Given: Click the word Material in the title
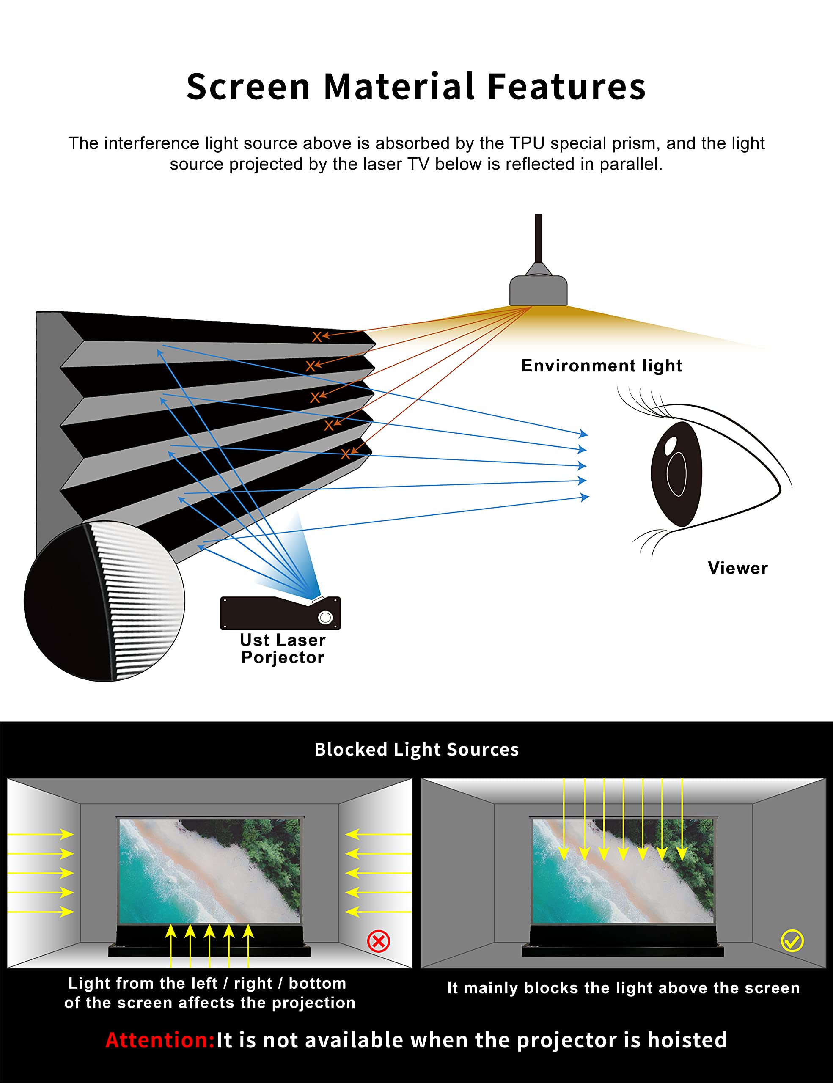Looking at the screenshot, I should (399, 87).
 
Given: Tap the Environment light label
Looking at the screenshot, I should (602, 366).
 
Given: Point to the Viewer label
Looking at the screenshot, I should (738, 568).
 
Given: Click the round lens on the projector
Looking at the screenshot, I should (325, 617).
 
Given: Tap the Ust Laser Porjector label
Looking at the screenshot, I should (283, 649).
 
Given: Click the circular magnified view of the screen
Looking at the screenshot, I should (104, 601).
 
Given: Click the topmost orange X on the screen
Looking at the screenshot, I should (316, 337).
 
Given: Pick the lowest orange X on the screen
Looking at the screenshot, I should (345, 454).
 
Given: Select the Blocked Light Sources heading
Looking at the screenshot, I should (416, 749).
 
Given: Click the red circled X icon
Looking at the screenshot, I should (378, 941).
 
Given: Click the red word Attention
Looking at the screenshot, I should (159, 1040).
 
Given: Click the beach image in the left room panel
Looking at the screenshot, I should (210, 871).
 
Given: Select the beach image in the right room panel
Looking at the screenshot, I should (623, 871).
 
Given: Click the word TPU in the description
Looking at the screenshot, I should (527, 143).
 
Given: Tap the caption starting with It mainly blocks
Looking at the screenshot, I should (623, 988).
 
